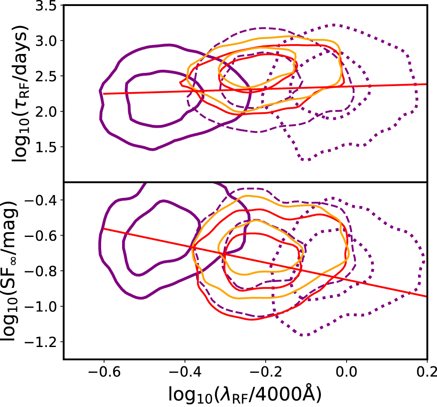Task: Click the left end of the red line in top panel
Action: pos(104,93)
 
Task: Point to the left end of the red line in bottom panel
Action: pos(104,229)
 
